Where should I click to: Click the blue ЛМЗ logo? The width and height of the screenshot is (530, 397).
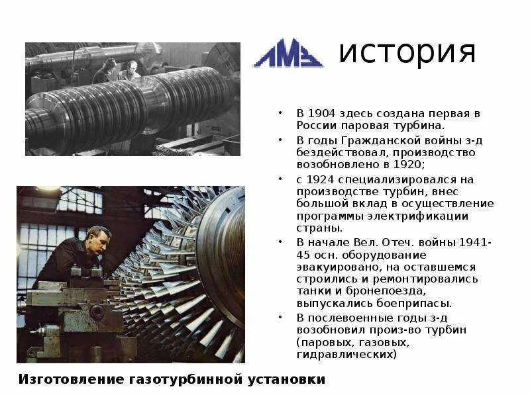coord(288,53)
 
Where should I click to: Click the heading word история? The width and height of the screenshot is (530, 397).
coord(407,52)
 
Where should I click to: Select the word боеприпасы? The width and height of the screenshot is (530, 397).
coord(416,303)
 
